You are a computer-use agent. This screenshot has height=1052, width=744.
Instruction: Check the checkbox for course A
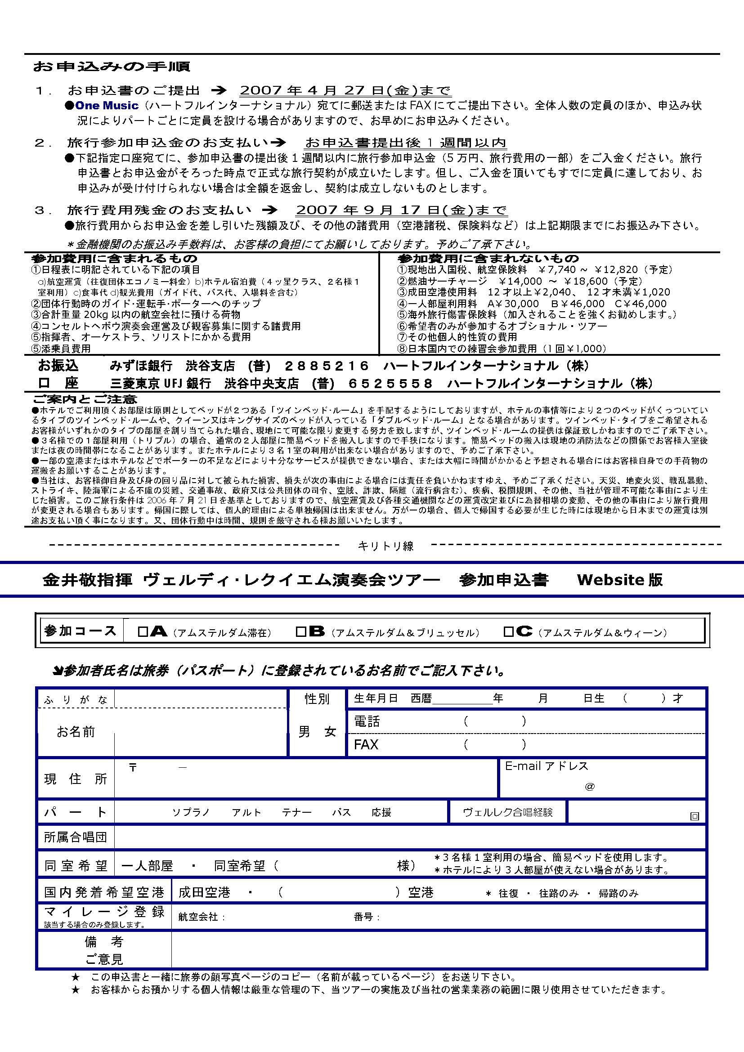pos(143,633)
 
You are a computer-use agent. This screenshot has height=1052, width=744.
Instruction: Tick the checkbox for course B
pos(301,633)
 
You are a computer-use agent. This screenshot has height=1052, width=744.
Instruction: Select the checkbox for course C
pos(508,633)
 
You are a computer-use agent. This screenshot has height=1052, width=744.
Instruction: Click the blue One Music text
pos(107,106)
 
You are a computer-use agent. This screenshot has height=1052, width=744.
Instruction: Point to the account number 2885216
pos(327,366)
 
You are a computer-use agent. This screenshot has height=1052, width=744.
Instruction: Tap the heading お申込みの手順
pos(111,67)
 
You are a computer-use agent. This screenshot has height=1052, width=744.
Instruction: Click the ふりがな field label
pos(76,700)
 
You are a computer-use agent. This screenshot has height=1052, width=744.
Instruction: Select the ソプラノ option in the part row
pos(191,813)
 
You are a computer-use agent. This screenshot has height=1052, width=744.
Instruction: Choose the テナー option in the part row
pos(296,813)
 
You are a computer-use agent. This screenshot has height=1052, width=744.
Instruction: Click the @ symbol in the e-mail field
pos(590,787)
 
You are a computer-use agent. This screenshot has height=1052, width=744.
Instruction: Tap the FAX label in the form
pos(366,744)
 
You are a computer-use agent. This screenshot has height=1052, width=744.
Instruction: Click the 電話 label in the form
pos(367,721)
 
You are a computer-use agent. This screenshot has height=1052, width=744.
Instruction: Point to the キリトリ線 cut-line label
pos(385,546)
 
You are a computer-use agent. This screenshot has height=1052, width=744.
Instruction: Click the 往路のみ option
pos(559,894)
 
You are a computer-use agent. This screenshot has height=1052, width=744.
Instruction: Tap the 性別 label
pos(317,699)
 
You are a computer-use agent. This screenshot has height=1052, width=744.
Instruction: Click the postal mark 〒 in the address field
pos(133,768)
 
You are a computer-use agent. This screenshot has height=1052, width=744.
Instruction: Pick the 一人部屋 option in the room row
pos(147,865)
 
